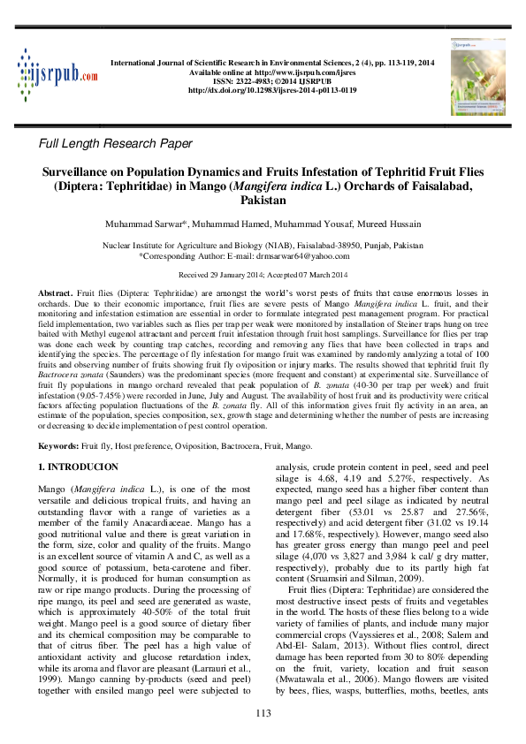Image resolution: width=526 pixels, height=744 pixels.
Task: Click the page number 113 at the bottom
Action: coord(263,713)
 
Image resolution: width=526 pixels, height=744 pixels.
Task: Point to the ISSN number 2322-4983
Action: coord(249,80)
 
